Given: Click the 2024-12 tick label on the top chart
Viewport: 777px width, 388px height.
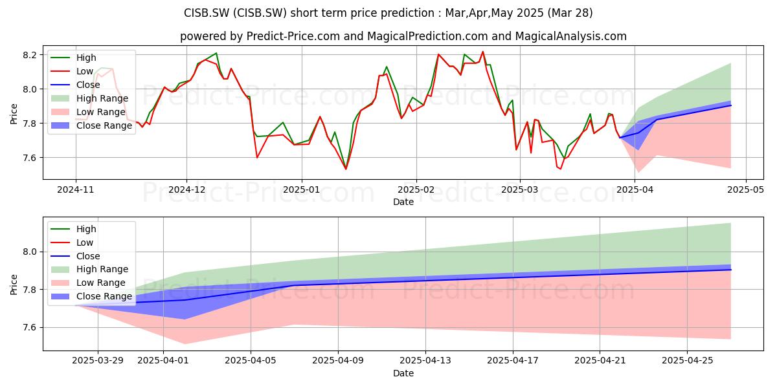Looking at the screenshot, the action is [186, 190].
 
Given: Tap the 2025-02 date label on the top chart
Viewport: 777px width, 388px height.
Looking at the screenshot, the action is [416, 190].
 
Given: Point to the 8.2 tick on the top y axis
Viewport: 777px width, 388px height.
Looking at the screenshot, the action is [30, 55].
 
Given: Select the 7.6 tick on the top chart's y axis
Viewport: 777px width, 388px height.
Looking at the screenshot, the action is [30, 158].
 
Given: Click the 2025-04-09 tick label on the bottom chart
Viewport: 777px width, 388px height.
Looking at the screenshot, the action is [338, 361].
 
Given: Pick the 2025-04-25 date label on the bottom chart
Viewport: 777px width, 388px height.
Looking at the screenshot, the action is [687, 361].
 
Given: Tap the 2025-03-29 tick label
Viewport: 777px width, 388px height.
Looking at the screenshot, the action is [98, 361].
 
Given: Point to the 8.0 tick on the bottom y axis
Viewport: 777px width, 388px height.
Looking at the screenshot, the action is [30, 252].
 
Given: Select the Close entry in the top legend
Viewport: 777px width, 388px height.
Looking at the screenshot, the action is [88, 85].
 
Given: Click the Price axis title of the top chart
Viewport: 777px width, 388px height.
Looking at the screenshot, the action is [14, 114].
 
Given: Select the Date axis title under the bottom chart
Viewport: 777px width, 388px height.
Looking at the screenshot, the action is [403, 373].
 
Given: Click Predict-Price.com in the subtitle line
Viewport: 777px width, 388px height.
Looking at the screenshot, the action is [293, 36].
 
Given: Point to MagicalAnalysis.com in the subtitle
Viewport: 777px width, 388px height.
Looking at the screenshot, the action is [571, 36].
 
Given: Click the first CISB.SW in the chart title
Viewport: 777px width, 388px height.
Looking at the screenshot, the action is [207, 13].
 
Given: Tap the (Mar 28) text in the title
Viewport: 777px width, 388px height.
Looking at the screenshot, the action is [570, 13].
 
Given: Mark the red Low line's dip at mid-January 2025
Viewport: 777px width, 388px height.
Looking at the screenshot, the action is [346, 169].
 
